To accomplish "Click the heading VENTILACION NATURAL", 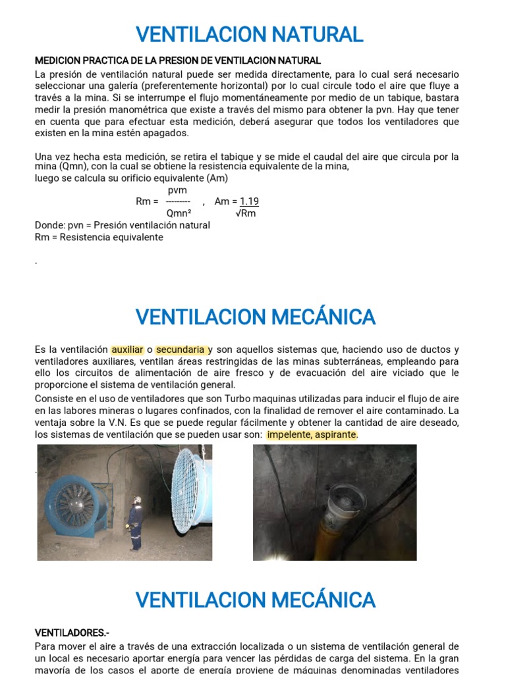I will pyautogui.click(x=249, y=34).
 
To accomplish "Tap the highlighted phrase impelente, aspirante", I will pyautogui.click(x=312, y=434).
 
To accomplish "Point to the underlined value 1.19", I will pyautogui.click(x=249, y=201).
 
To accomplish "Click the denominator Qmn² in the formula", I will pyautogui.click(x=178, y=213).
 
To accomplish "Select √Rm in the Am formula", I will pyautogui.click(x=246, y=213).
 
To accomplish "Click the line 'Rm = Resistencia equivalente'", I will pyautogui.click(x=99, y=237).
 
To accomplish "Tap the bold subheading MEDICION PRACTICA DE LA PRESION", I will pyautogui.click(x=177, y=61).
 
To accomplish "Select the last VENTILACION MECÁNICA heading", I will pyautogui.click(x=255, y=600).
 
